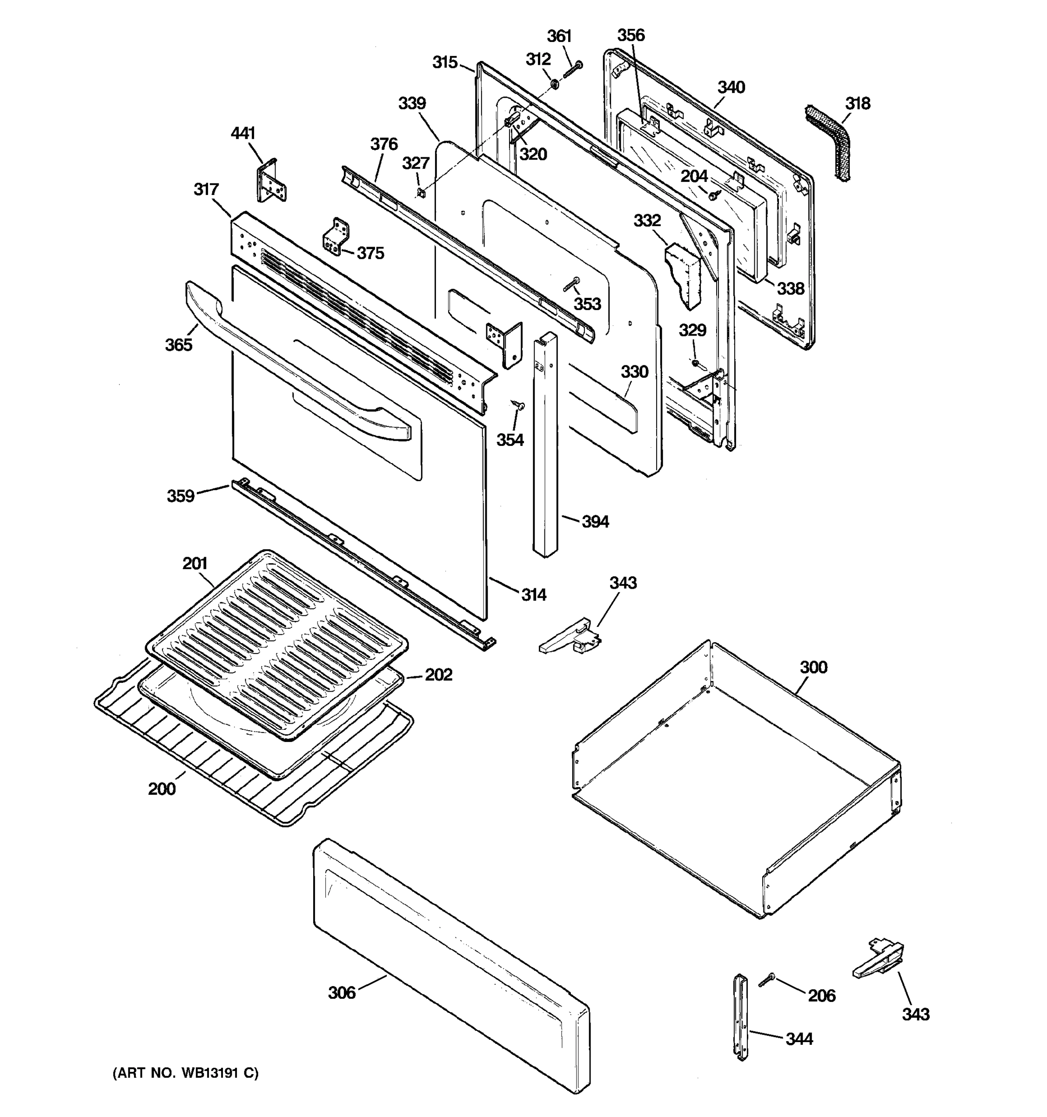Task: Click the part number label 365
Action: click(179, 345)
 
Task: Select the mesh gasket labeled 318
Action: click(828, 141)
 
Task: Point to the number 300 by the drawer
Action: click(813, 667)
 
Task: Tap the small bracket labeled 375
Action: click(336, 236)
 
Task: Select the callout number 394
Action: click(595, 522)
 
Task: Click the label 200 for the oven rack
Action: click(162, 789)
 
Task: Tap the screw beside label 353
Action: click(572, 285)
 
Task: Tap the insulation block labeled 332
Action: click(684, 276)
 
